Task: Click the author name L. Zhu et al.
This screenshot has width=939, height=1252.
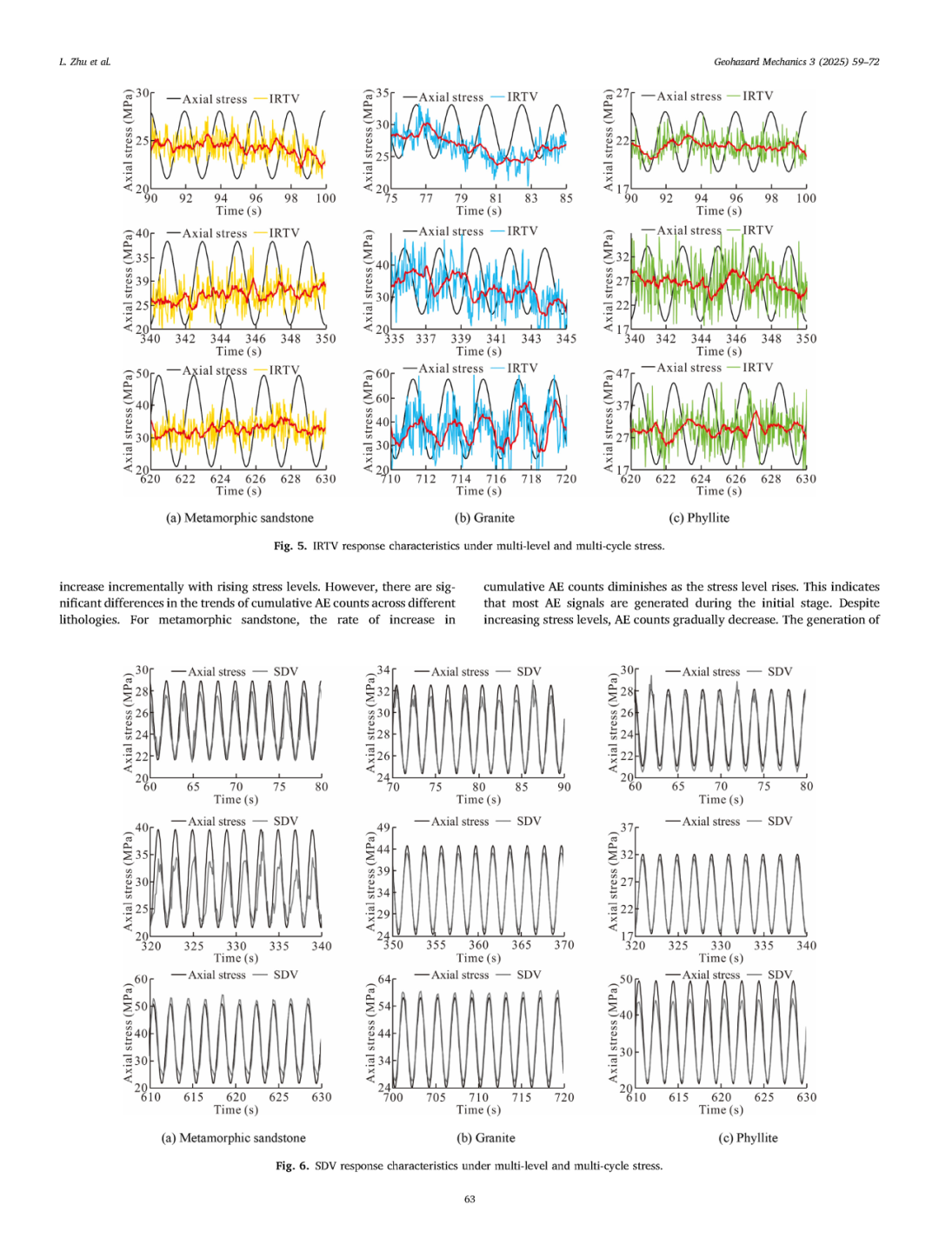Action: pyautogui.click(x=85, y=62)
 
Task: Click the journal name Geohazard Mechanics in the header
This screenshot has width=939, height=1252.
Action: pyautogui.click(x=765, y=62)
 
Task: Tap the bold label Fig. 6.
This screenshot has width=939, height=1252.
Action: pyautogui.click(x=292, y=1166)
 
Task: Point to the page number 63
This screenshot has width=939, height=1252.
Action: pyautogui.click(x=469, y=1199)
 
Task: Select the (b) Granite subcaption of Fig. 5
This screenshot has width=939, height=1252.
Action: pyautogui.click(x=484, y=518)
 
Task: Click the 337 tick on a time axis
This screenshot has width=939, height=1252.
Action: pyautogui.click(x=425, y=339)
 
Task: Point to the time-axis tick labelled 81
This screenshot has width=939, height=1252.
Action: pyautogui.click(x=496, y=198)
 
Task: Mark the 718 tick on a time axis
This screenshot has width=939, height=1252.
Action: pyautogui.click(x=530, y=479)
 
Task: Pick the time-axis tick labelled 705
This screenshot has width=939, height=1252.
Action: pyautogui.click(x=436, y=1097)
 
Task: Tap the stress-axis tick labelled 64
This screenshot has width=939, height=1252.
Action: pyautogui.click(x=383, y=980)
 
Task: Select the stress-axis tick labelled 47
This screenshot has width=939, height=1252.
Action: pyautogui.click(x=623, y=374)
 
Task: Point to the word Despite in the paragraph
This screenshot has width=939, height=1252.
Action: pyautogui.click(x=858, y=603)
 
